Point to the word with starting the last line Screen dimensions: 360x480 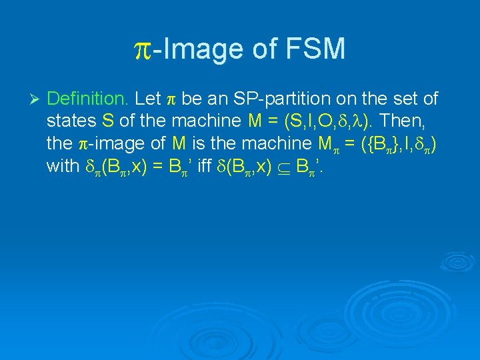click(63, 167)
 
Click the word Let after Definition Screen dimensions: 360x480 click(147, 99)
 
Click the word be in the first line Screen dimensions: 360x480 click(191, 99)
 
